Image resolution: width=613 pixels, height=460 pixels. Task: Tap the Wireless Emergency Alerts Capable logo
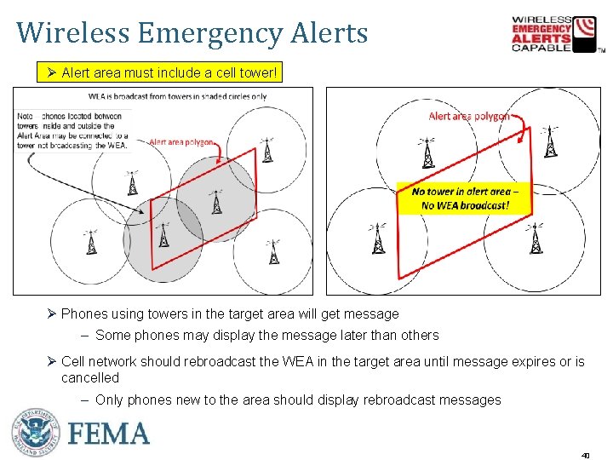554,34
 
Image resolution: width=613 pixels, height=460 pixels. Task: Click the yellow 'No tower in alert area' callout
460,199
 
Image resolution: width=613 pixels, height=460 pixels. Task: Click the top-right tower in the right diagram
551,147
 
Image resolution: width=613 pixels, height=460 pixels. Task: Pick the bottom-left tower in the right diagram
376,240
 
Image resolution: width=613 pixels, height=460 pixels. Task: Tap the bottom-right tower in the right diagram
536,240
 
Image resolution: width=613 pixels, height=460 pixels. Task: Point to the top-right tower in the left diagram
268,151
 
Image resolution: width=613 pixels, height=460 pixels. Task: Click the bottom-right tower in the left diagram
273,252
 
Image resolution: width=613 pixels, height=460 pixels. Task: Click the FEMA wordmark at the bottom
108,434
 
